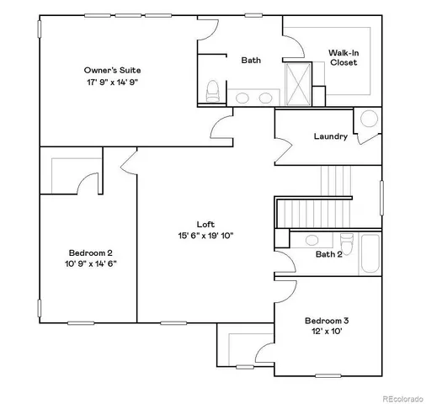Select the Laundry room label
coord(330,136)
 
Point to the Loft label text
coord(205,224)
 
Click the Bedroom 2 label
coord(91,252)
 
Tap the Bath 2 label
coord(328,254)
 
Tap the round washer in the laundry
coord(370,120)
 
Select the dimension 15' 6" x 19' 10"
coord(205,237)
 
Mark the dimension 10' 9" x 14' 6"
coord(91,263)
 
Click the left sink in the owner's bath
coord(242,98)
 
